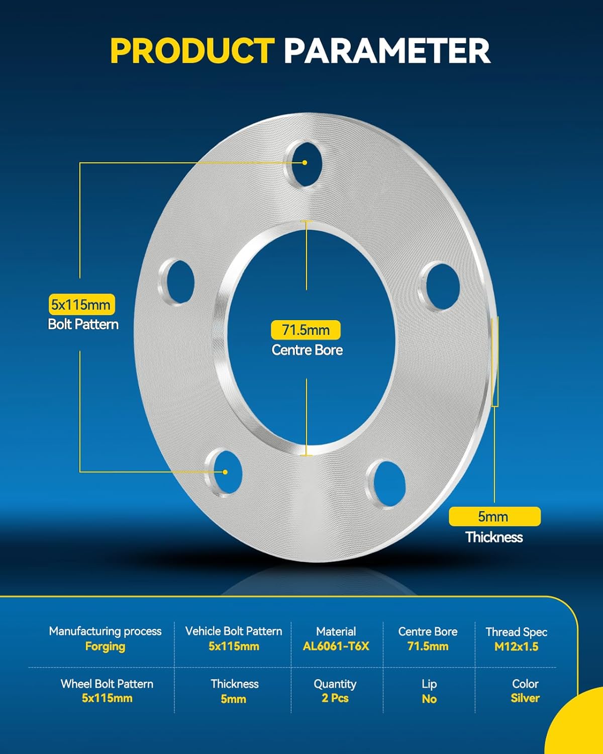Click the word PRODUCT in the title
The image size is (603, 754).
pos(192,50)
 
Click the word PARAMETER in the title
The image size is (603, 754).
pos(387,50)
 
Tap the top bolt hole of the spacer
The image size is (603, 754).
pos(305,164)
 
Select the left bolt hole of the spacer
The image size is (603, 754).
pos(177,282)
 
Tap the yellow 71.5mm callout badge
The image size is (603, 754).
pos(306,330)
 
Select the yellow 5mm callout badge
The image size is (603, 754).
pos(494,516)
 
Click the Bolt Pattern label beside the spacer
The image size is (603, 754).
pos(83,324)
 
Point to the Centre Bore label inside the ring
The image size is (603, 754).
pos(307,350)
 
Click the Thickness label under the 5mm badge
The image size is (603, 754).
pos(494,537)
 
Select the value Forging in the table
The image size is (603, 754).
pos(105,646)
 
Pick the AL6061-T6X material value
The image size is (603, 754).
pos(336,646)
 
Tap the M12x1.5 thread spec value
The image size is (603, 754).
pos(516,647)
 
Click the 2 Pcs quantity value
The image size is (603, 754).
pos(335,698)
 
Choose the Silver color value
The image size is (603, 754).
pos(525,698)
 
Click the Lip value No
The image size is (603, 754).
pos(429,699)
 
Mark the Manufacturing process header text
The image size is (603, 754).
pos(105,631)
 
